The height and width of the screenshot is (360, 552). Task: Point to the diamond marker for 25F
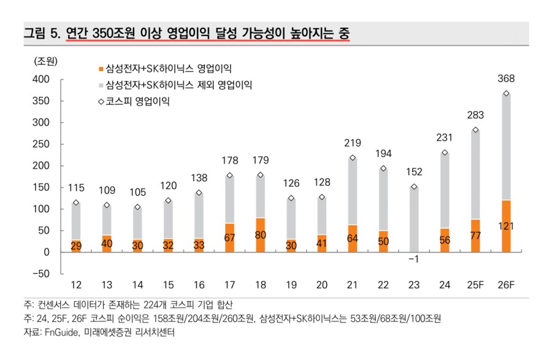[475, 130]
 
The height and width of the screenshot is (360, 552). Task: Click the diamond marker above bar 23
[414, 186]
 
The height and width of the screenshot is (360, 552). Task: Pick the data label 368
[506, 79]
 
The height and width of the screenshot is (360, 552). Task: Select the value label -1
[414, 260]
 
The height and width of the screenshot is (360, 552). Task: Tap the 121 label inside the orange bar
[506, 227]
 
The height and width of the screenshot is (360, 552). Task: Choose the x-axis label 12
[77, 286]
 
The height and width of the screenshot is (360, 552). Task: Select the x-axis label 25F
[475, 286]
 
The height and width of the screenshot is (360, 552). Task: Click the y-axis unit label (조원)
[46, 61]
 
